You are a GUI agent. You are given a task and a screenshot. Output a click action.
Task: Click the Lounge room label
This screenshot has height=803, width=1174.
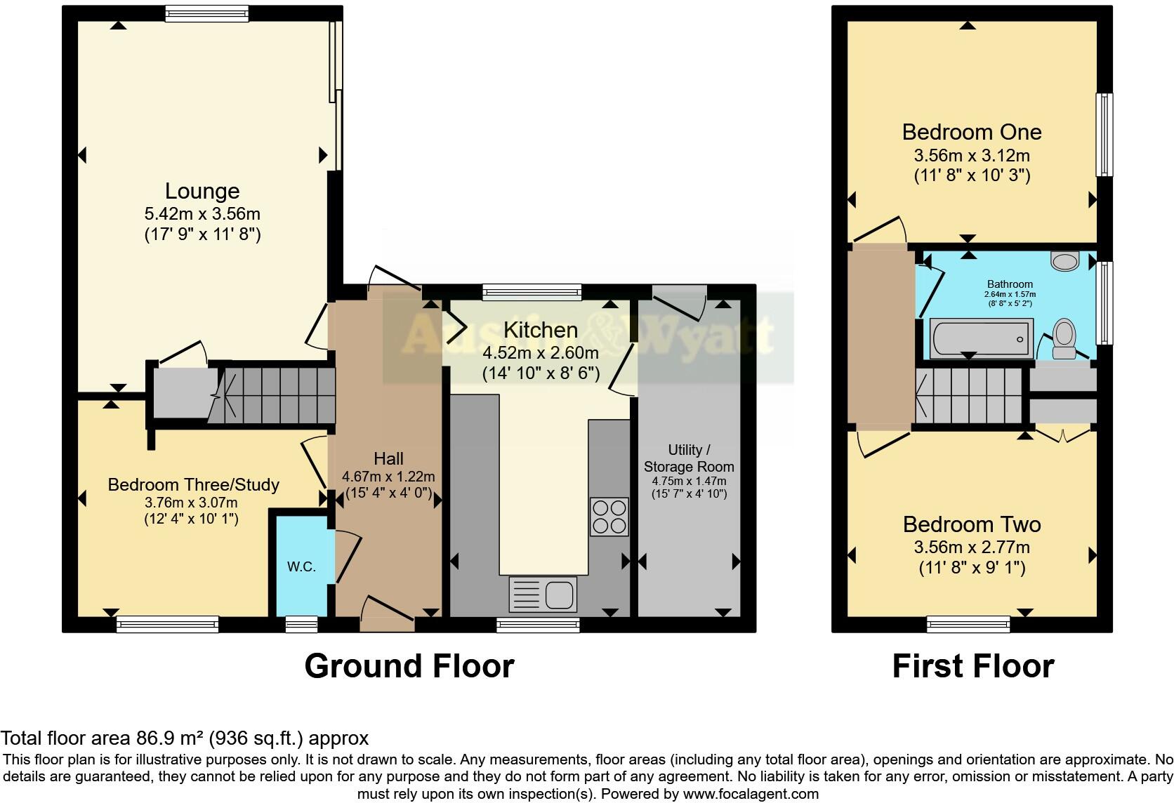202,191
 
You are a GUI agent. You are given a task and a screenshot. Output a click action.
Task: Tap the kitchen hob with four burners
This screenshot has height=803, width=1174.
609,517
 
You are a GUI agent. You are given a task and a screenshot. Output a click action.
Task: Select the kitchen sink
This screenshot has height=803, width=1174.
542,594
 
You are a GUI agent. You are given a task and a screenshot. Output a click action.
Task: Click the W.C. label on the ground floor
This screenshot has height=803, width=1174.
301,566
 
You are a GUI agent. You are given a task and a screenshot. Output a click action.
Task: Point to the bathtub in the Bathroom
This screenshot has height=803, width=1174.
981,338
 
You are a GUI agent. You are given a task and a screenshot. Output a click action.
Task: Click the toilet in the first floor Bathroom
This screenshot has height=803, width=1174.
1064,339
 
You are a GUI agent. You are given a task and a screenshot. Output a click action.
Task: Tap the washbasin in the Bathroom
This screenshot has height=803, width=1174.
1065,261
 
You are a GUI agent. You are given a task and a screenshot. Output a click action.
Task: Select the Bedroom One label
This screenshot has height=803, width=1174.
971,132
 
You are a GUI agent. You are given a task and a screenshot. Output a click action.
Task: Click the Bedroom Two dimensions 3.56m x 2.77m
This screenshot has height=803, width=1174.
971,547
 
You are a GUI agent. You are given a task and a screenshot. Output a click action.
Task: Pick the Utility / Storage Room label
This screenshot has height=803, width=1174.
688,458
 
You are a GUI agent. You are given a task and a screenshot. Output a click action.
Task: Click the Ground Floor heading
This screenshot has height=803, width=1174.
409,666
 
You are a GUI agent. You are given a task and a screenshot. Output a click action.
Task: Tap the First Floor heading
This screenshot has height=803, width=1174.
972,666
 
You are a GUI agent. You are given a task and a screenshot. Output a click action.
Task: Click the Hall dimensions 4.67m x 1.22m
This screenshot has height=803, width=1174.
388,476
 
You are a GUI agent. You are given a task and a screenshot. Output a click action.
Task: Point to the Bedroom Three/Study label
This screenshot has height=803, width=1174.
193,484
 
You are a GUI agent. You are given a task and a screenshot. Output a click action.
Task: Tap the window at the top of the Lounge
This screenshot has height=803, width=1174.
206,13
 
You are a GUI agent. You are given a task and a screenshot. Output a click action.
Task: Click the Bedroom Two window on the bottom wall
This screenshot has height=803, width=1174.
968,624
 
